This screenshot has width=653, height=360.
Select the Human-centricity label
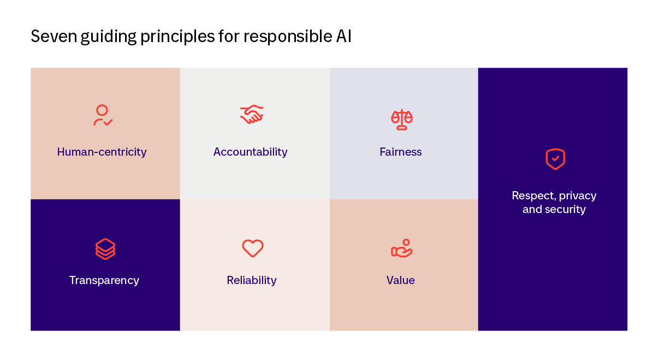coord(102,152)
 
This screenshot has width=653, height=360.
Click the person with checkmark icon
coord(103,116)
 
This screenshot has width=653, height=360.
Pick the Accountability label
coord(250,152)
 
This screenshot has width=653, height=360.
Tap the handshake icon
coord(252,115)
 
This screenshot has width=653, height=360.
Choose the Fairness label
coord(401,152)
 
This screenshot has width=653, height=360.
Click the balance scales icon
coord(402,119)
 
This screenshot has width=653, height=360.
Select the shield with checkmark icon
coord(555,159)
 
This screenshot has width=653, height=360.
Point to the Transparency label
coord(104,280)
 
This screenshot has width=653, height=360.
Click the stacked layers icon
coord(105,249)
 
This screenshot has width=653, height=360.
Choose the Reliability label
coord(252,280)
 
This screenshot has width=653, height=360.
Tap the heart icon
coord(252,248)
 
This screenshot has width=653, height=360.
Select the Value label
coord(401,280)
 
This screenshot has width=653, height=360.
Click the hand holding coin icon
coord(402,249)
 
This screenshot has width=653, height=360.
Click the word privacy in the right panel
coord(577,196)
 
